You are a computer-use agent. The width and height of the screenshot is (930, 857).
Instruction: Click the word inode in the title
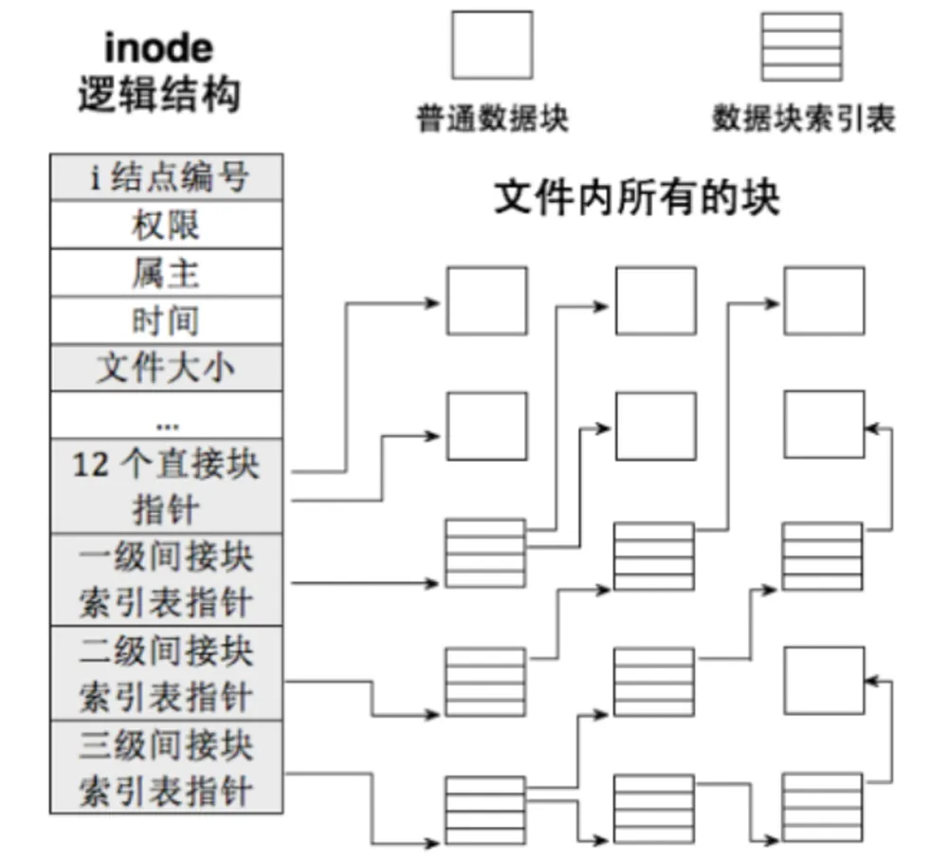(x=158, y=47)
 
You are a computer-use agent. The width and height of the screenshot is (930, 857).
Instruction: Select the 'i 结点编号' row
(x=166, y=177)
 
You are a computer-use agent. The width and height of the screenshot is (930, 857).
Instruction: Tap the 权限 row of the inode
(x=166, y=225)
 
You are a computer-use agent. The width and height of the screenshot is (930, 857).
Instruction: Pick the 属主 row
(x=166, y=273)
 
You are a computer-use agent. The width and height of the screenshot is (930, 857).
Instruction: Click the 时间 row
(x=166, y=320)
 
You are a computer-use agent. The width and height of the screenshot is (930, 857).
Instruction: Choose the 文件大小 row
(x=166, y=367)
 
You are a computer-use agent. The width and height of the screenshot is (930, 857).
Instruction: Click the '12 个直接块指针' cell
(x=166, y=486)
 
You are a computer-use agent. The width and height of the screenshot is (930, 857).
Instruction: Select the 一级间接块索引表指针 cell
(x=166, y=578)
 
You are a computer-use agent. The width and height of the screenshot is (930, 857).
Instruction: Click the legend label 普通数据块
(x=492, y=119)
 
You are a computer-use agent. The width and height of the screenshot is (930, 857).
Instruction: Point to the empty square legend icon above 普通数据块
(x=492, y=45)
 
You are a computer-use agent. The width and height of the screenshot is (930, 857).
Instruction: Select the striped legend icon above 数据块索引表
(x=802, y=46)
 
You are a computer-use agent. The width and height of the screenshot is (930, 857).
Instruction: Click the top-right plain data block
(x=824, y=301)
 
